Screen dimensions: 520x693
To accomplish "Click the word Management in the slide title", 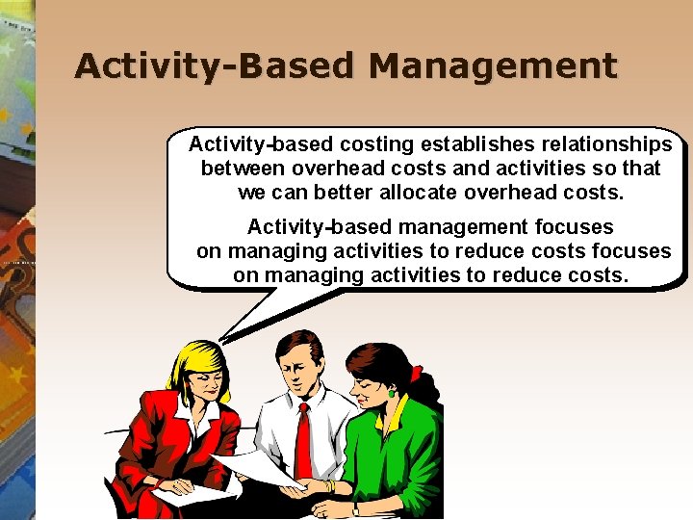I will [492, 65].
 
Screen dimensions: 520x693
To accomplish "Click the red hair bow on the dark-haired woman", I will [416, 374].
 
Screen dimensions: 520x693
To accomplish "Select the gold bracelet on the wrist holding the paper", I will [329, 486].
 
